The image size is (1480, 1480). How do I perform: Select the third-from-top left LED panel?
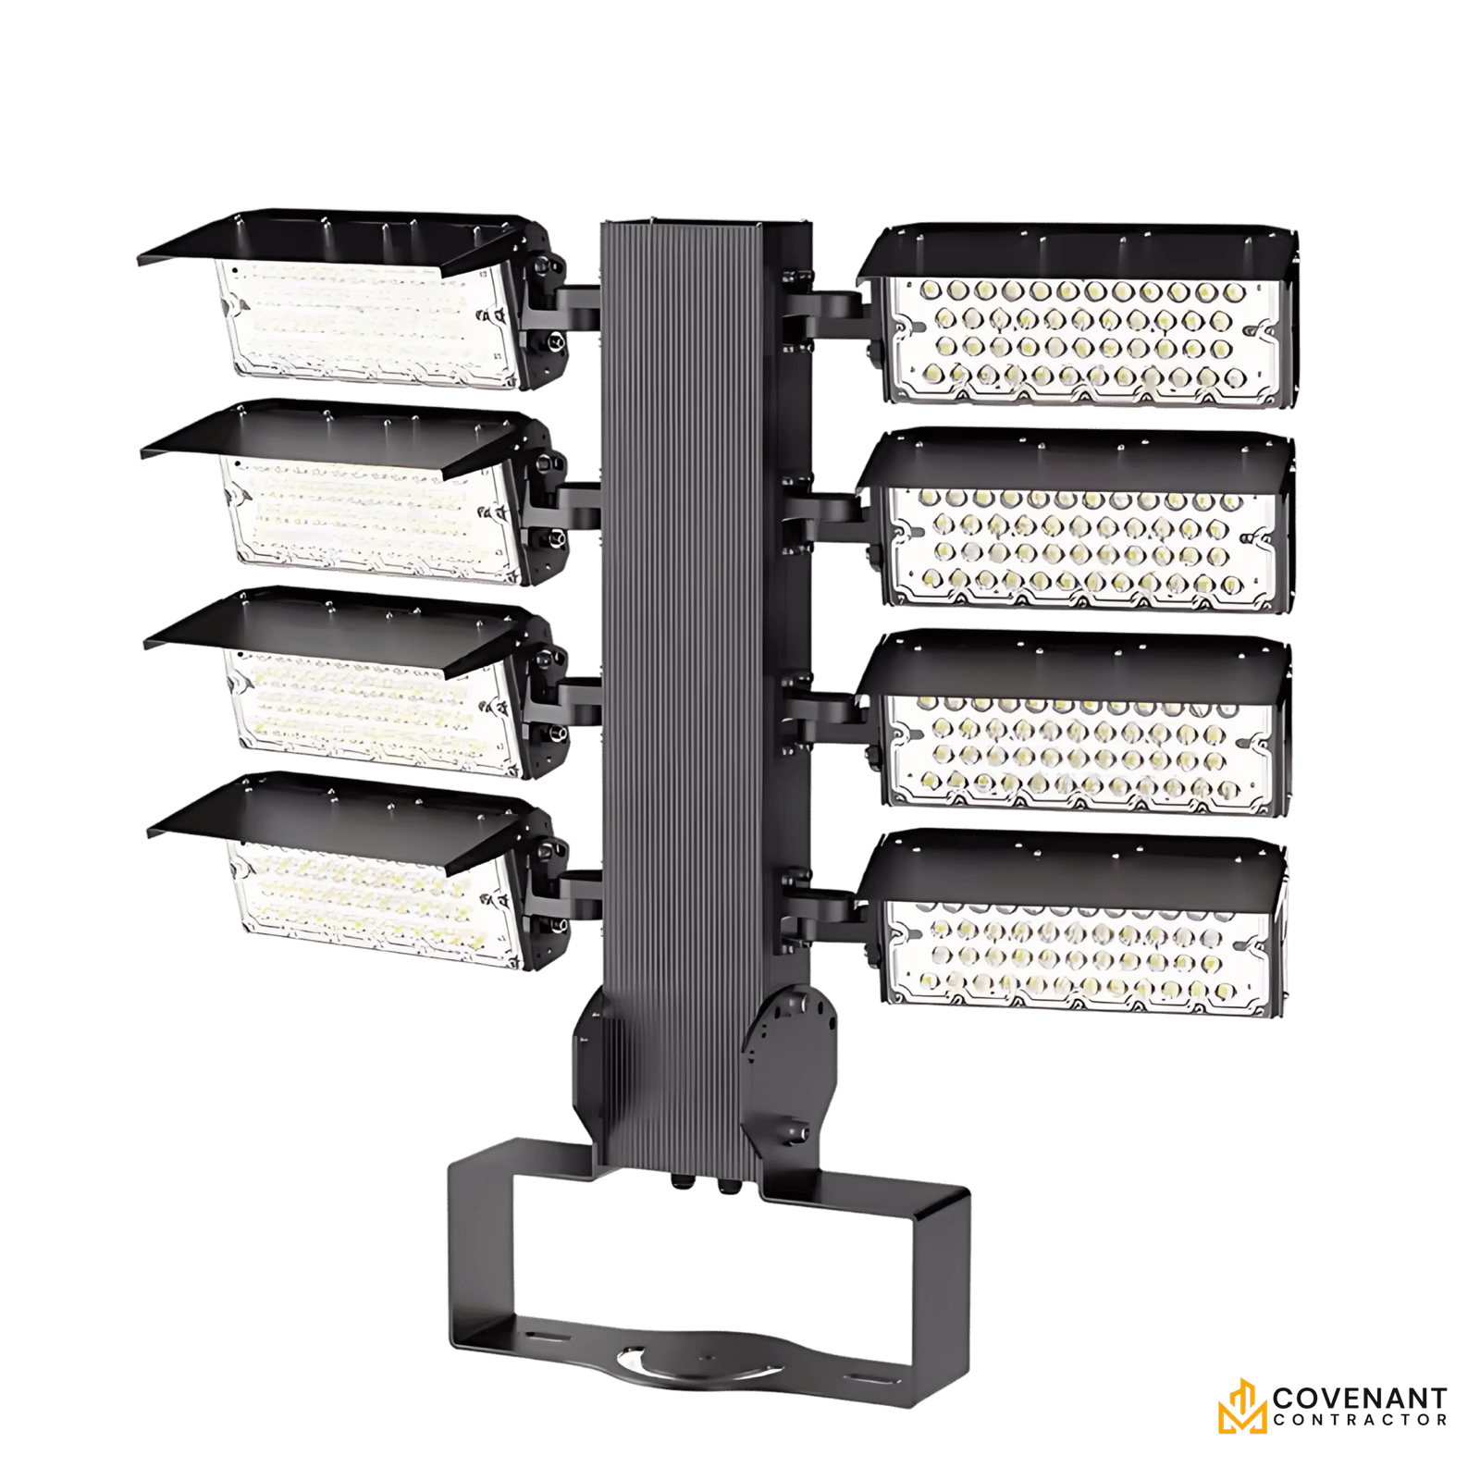pyautogui.click(x=370, y=708)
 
